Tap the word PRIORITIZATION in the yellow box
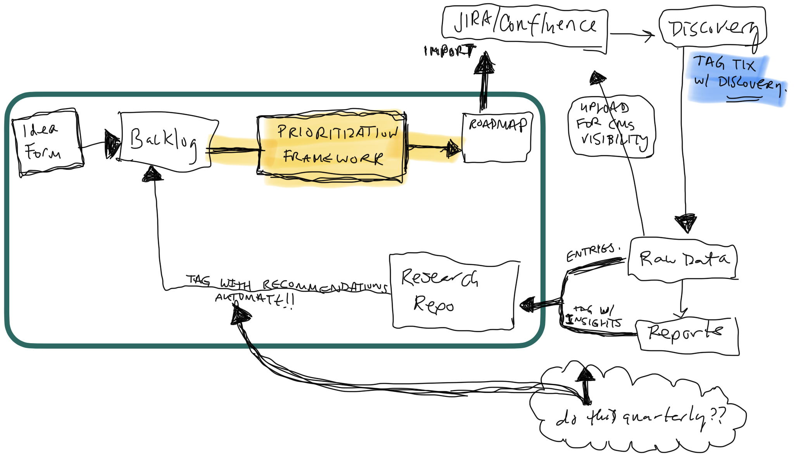click(337, 132)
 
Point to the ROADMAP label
click(498, 124)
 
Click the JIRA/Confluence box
click(525, 25)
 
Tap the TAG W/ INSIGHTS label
click(593, 316)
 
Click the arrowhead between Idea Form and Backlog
click(112, 144)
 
